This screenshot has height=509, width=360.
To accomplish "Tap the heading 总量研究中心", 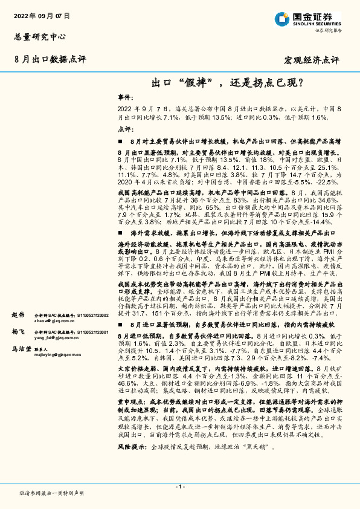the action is pyautogui.click(x=38, y=37).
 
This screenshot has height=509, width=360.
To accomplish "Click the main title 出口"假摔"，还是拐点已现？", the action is pyautogui.click(x=227, y=81).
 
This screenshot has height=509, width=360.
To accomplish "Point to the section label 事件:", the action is pyautogui.click(x=124, y=97).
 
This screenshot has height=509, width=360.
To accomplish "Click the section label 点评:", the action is pyautogui.click(x=124, y=129).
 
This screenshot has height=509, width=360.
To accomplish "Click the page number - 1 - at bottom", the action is pyautogui.click(x=179, y=487).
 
